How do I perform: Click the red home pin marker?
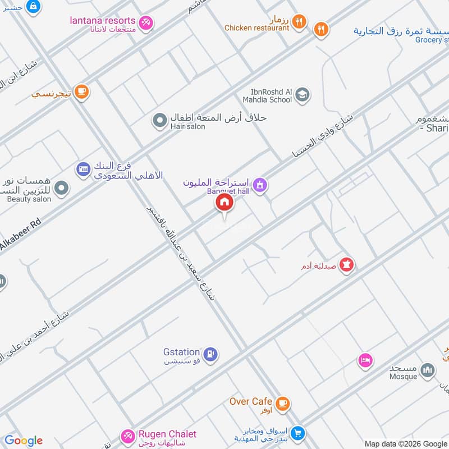[x=224, y=203]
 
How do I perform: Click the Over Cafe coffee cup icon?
[x=282, y=402]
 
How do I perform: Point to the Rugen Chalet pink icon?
[x=127, y=435]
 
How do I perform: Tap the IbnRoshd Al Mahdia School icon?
[x=303, y=94]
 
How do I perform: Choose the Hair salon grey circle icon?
[x=161, y=120]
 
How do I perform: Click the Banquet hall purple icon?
[x=259, y=184]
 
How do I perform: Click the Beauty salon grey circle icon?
[x=61, y=188]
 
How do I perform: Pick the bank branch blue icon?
[x=83, y=168]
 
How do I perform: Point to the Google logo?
[x=24, y=441]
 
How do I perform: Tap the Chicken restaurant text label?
[x=256, y=28]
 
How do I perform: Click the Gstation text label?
[x=181, y=352]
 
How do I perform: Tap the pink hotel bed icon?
[x=365, y=360]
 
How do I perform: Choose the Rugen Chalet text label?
[x=167, y=434]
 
